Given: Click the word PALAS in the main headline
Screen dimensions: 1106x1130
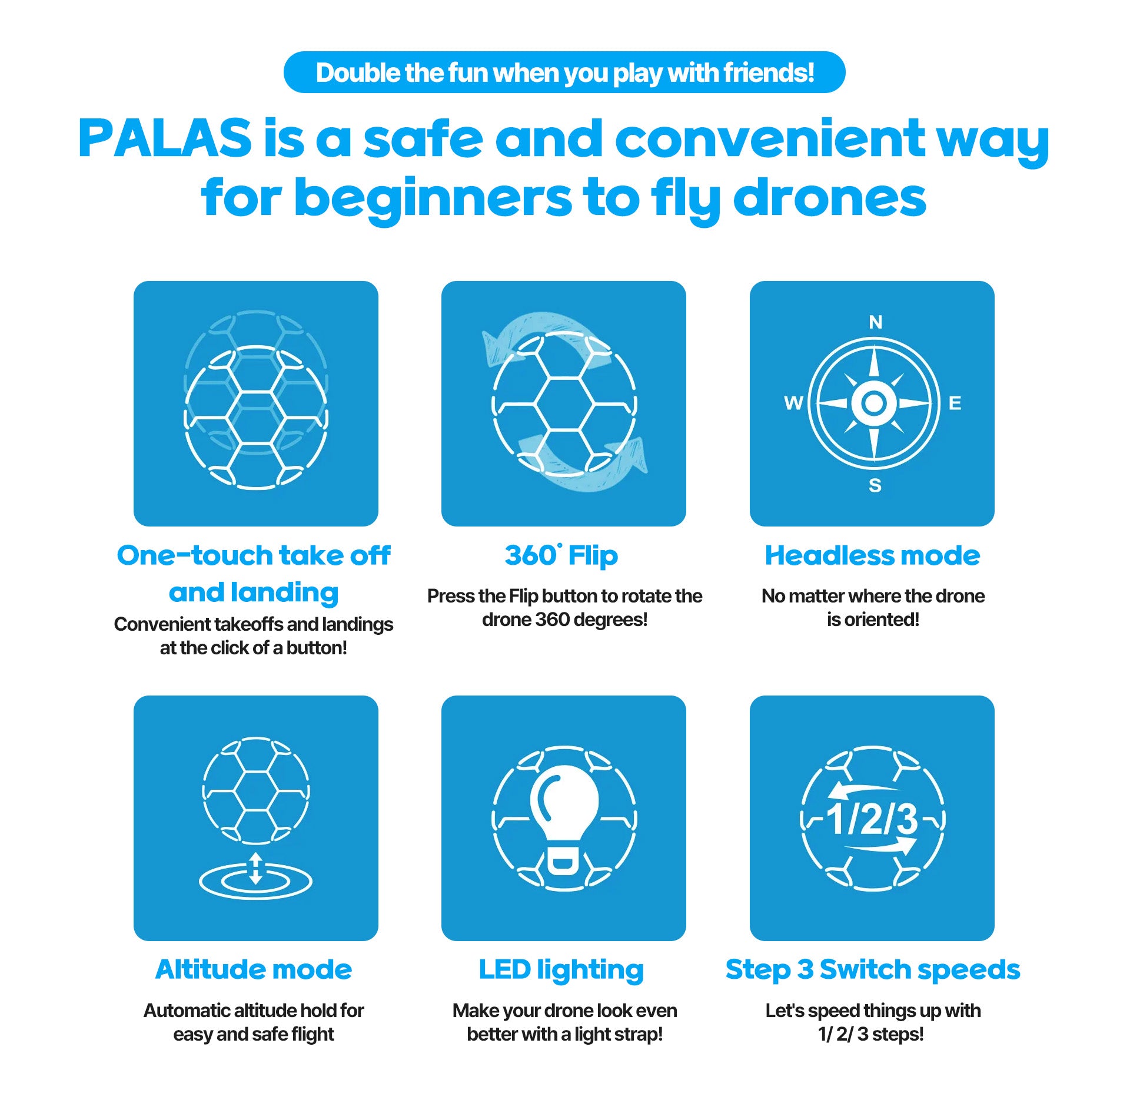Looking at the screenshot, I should [x=165, y=138].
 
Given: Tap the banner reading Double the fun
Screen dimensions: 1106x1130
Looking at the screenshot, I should [x=564, y=72].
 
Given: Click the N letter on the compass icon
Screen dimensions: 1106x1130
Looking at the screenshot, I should [x=875, y=322].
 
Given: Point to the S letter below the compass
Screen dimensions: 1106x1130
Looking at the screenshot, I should [x=875, y=485].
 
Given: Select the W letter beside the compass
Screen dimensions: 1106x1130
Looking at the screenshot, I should [x=793, y=403].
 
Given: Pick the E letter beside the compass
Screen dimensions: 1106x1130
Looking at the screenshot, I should [x=955, y=403].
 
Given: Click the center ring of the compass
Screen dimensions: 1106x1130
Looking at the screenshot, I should [x=874, y=403].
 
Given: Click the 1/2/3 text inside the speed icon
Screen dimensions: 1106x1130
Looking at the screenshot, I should [x=872, y=819].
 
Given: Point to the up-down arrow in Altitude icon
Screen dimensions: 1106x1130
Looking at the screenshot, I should [x=255, y=868].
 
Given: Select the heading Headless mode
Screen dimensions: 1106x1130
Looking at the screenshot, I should [x=872, y=555].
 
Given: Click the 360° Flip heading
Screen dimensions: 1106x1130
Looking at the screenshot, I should [x=561, y=555].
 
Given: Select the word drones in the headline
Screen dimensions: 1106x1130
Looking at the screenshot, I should [x=830, y=198].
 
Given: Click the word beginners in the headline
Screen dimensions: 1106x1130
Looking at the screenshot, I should [x=433, y=198].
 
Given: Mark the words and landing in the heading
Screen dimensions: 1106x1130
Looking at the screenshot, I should [x=254, y=592].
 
